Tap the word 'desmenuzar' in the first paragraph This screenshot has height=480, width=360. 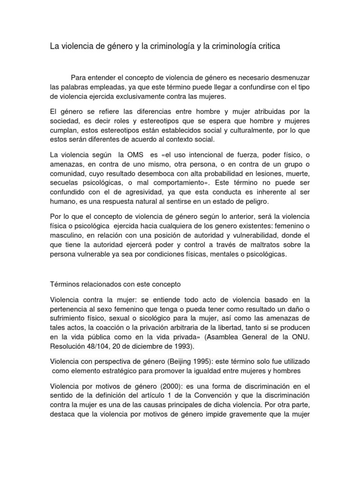(287, 77)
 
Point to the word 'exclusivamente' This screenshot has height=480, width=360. (128, 97)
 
